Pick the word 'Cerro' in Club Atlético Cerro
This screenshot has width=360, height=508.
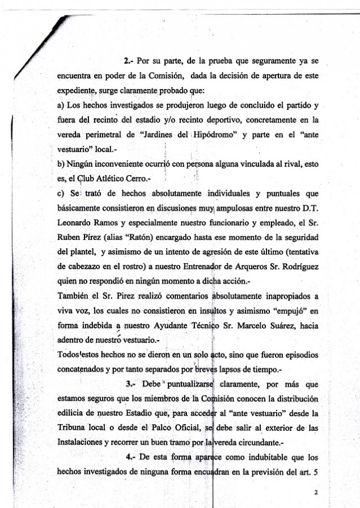pos(142,179)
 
